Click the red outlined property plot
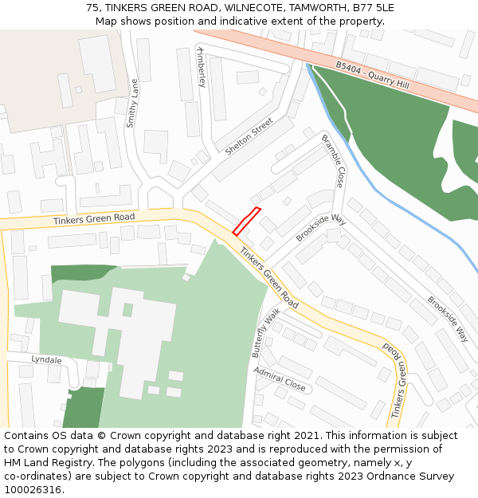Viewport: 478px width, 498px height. coord(246,222)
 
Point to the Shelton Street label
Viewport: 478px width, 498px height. coord(249,137)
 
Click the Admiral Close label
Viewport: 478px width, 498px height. coord(280,378)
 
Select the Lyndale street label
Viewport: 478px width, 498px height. coord(46,360)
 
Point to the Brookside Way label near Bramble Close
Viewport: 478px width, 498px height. coord(319,227)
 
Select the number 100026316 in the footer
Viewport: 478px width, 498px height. coord(33,489)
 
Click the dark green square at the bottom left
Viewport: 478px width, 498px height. coord(83,408)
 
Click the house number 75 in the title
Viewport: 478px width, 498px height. coord(92,8)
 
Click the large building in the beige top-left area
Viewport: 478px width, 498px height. coord(97,64)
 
